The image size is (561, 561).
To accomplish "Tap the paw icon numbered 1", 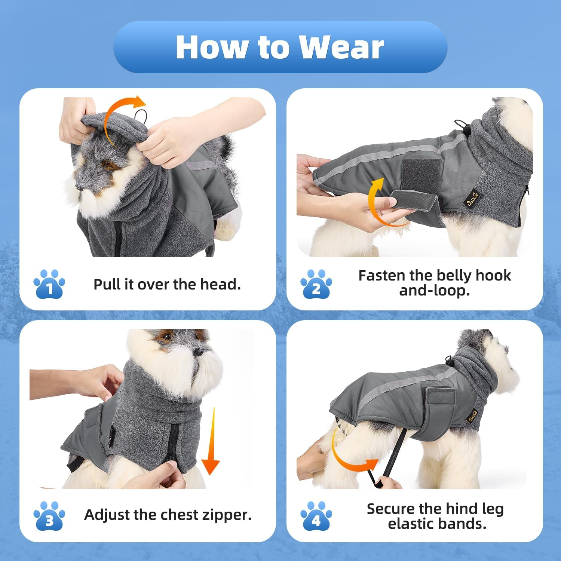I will pyautogui.click(x=49, y=284).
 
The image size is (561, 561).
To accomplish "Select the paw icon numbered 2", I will pyautogui.click(x=316, y=284).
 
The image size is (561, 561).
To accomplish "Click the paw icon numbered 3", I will pyautogui.click(x=49, y=516).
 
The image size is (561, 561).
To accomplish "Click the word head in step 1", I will pyautogui.click(x=220, y=284).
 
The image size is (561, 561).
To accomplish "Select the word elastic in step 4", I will pyautogui.click(x=414, y=524).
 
